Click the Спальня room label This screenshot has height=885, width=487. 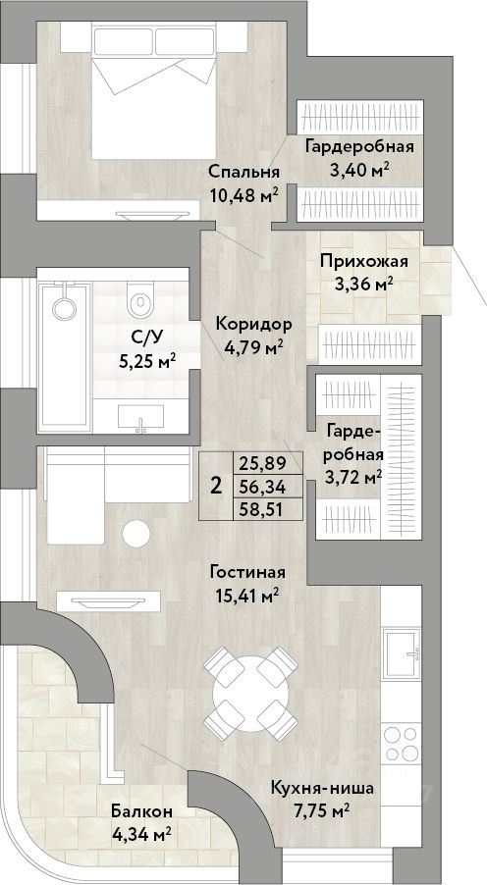point(244,172)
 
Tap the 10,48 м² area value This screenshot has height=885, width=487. point(244,194)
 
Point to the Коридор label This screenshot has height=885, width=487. point(254,325)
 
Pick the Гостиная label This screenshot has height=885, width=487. point(246,572)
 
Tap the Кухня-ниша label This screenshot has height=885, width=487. point(322,789)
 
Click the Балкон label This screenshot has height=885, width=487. point(141,811)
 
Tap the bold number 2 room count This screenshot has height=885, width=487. point(215,486)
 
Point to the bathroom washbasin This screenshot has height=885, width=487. point(140,417)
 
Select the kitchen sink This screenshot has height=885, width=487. point(401,654)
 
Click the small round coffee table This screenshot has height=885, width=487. point(136,534)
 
